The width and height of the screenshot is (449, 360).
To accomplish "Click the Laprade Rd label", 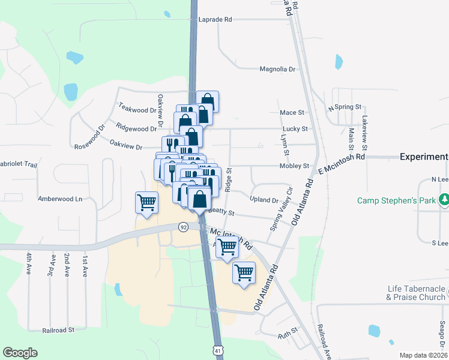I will point(219,19).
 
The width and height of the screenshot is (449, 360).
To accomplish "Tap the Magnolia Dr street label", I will point(277,69).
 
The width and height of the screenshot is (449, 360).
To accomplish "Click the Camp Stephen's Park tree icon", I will point(444,200).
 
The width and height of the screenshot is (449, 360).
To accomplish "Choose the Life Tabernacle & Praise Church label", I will point(416,293).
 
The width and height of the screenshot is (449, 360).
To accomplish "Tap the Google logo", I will point(20,353).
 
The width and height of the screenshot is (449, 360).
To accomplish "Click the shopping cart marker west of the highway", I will point(147,202).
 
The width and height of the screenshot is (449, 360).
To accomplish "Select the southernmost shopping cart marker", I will point(244,272).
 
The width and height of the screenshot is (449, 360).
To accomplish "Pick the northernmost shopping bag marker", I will point(207,101).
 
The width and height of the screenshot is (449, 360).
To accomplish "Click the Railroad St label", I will point(58,330).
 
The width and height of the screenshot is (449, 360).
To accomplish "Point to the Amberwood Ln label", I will point(59,199).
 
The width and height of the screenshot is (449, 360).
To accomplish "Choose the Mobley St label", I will point(294,166).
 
